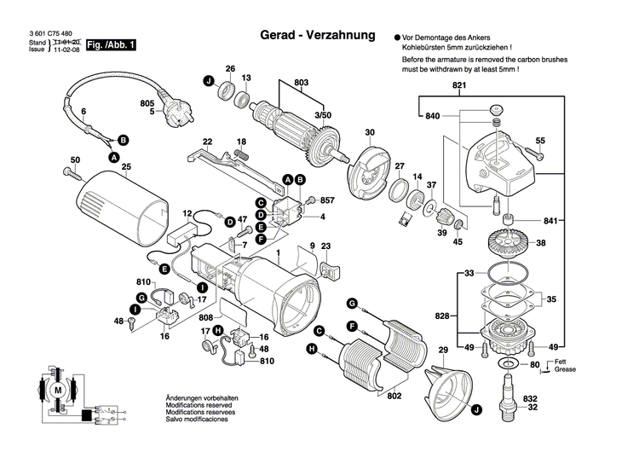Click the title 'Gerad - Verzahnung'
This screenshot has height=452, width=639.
pyautogui.click(x=316, y=37)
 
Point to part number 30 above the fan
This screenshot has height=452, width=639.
pyautogui.click(x=369, y=132)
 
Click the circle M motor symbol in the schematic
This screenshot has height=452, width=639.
pyautogui.click(x=59, y=390)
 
